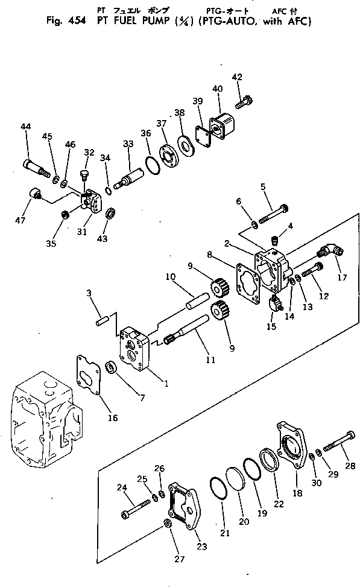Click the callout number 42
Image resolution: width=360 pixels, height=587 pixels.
tap(236, 77)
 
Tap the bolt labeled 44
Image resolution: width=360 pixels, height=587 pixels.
tap(36, 166)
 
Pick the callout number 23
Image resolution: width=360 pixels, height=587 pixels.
tap(201, 547)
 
